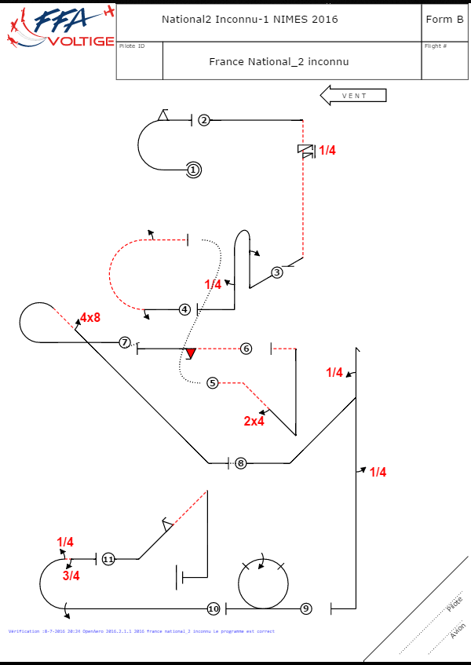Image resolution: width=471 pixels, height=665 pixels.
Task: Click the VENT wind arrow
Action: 354,96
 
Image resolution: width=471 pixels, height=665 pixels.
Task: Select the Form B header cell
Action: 444,20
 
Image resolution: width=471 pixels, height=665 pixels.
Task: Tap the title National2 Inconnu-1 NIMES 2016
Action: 250,20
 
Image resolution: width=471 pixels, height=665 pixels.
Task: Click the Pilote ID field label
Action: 132,46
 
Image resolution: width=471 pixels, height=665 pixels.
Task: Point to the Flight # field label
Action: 436,46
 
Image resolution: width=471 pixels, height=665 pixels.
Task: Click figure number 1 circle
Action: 194,169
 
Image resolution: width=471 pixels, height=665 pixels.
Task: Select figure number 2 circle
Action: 204,120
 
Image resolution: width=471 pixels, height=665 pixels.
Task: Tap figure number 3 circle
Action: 277,272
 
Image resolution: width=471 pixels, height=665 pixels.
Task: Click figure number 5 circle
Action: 213,383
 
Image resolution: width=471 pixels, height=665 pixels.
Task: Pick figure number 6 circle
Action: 246,348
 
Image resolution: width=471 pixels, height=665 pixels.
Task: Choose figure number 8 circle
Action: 241,463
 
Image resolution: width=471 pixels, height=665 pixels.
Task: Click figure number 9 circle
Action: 306,608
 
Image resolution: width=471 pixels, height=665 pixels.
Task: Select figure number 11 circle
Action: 108,559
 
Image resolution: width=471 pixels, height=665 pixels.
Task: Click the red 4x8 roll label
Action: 89,318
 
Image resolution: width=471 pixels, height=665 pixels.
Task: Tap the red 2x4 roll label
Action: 254,422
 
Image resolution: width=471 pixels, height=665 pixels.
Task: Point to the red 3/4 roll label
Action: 71,575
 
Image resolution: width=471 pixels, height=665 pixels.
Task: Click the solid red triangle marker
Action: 189,353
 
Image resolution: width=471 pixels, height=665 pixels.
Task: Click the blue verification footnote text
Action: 141,631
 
